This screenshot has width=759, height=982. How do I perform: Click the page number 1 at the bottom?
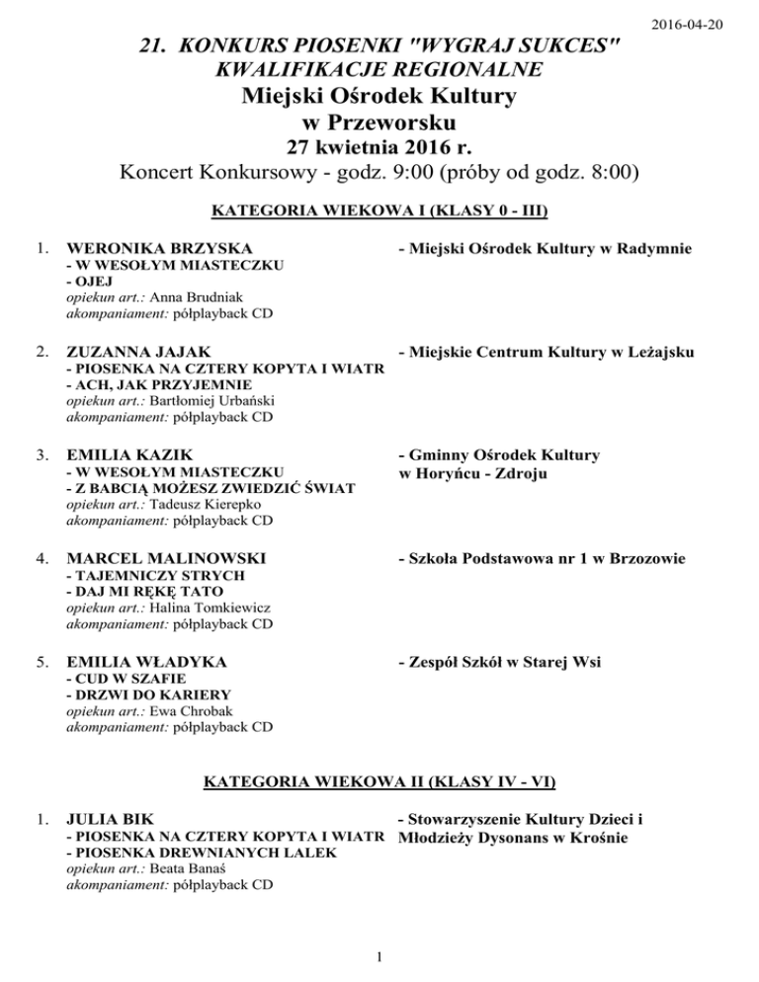(380, 955)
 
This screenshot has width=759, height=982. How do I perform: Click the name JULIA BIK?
(103, 818)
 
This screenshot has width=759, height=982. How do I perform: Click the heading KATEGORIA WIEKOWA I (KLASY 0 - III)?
(380, 210)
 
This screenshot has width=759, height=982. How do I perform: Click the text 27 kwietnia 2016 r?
(380, 149)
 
